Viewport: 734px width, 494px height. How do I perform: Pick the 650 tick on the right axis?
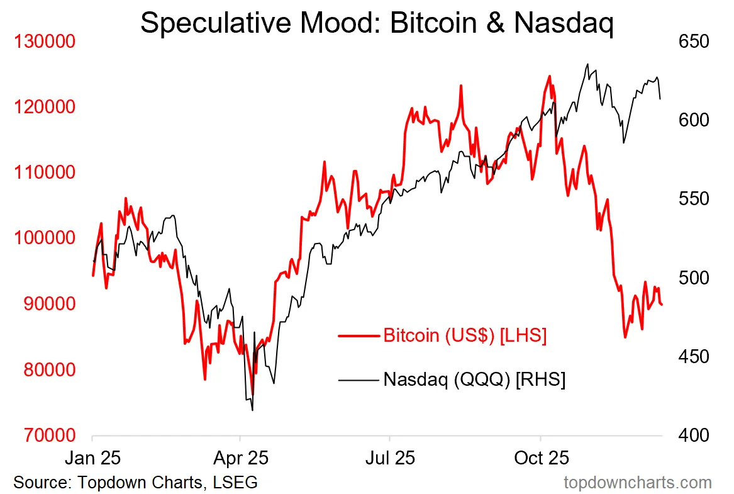tap(693, 42)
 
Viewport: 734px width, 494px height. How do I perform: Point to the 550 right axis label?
tap(693, 199)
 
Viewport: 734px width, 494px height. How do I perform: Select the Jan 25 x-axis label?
tap(93, 458)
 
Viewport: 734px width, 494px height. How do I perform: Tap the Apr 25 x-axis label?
tap(241, 458)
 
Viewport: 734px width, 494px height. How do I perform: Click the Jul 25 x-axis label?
tap(390, 458)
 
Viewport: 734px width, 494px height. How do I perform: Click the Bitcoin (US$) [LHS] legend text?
tap(465, 335)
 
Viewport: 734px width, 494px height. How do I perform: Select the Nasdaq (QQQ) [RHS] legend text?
tap(474, 379)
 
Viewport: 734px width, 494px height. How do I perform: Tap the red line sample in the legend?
tap(359, 335)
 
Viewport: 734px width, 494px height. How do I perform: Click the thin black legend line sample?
tap(359, 379)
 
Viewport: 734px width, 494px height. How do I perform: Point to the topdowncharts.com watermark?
tap(638, 483)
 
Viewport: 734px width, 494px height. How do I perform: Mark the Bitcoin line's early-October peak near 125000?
tap(549, 76)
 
